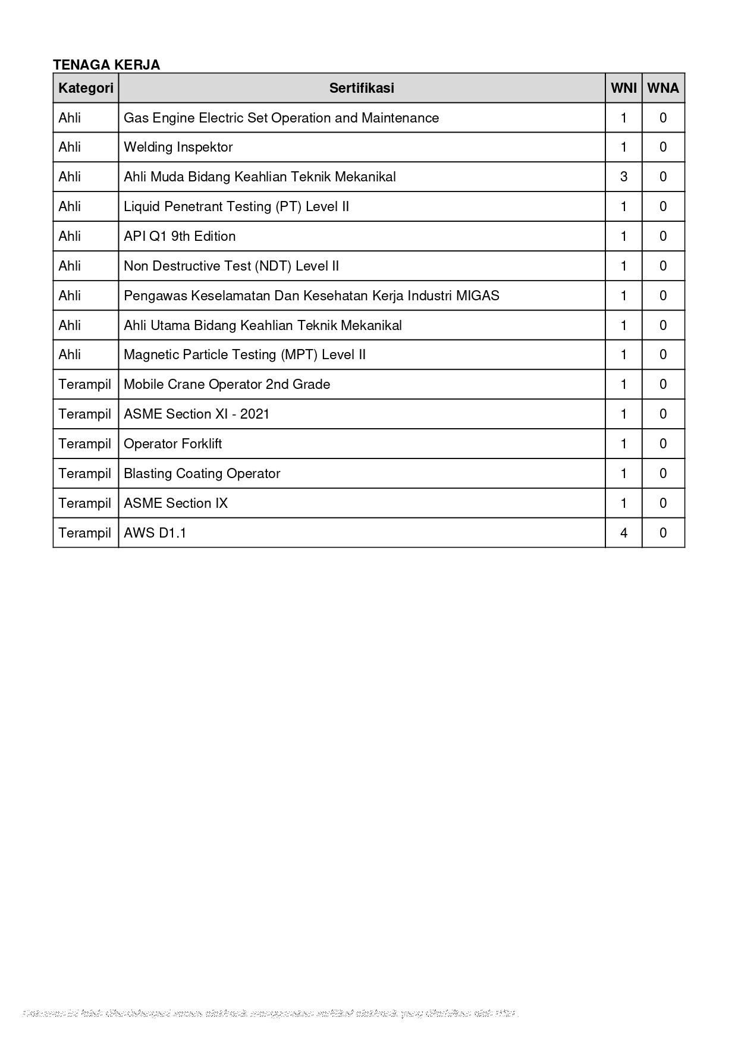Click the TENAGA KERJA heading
(x=106, y=65)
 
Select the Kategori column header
(x=86, y=88)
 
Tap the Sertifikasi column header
(x=362, y=88)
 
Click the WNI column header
(x=624, y=88)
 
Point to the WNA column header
(x=663, y=88)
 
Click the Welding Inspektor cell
(x=178, y=147)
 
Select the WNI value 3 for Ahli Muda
(x=624, y=177)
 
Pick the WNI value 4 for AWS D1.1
(x=624, y=533)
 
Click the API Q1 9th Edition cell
(x=180, y=236)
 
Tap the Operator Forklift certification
(x=172, y=444)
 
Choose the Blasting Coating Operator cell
(x=202, y=473)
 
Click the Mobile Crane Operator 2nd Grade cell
(x=227, y=384)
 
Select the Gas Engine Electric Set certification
(x=281, y=118)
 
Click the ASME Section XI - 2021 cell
(x=196, y=414)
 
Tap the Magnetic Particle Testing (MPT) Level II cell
(x=244, y=354)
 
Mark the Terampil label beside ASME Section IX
(x=85, y=503)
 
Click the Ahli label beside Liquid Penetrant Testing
(x=70, y=206)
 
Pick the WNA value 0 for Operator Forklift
(x=663, y=444)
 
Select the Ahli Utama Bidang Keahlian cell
(x=262, y=325)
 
